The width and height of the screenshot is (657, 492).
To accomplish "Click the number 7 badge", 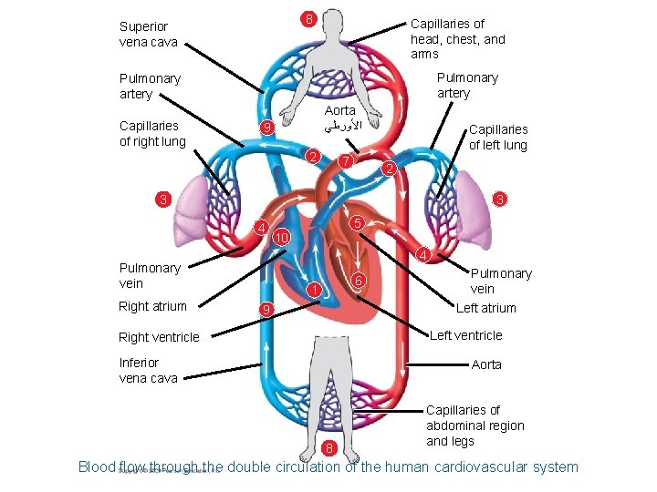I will point(345,161).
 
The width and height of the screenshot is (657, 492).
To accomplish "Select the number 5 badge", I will point(359,223).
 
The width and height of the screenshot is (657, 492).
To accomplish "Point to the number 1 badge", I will point(312,291).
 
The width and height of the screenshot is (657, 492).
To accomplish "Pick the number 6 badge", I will point(360,282).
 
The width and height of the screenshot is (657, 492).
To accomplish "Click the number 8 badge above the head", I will point(309,19).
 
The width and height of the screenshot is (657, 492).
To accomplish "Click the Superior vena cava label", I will point(149,35).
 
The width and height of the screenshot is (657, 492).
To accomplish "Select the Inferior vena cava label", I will point(149,370).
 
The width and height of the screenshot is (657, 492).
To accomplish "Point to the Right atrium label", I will point(152,306).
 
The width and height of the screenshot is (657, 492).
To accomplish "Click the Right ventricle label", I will point(159,337).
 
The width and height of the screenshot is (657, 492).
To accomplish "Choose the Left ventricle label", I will point(465,335).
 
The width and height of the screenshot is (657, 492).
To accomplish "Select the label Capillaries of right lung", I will point(152,133).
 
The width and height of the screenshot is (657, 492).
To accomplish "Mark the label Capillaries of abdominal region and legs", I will point(474,425).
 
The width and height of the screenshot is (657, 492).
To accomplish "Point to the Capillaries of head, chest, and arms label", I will point(457,39).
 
